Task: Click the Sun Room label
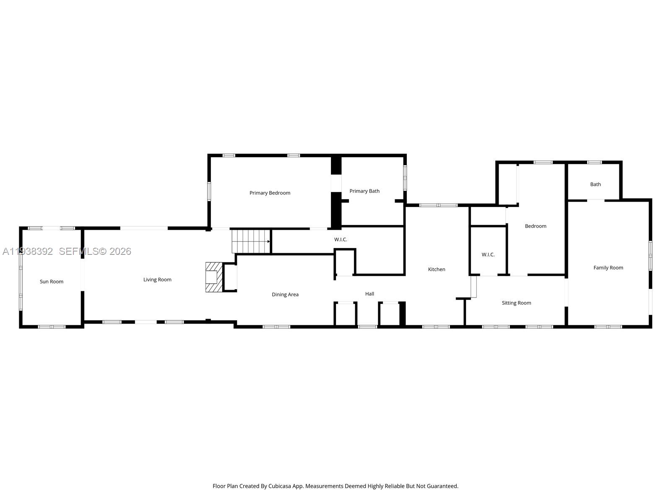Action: pos(52,282)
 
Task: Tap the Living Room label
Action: pos(157,280)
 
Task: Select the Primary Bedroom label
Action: pos(270,193)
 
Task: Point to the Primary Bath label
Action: pos(364,191)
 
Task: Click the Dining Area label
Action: pos(285,295)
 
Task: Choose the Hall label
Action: pos(369,294)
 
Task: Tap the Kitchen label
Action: pos(437,270)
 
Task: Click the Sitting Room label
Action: pos(516,303)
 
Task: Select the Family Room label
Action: pos(608,268)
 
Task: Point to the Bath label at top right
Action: pos(596,184)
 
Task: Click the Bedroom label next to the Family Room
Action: pos(536,226)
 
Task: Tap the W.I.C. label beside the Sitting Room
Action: pos(488,255)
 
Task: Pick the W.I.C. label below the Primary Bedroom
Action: pos(341,240)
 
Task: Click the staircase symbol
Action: pos(251,241)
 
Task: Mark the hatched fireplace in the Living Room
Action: pos(213,277)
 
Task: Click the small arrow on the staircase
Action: pos(268,241)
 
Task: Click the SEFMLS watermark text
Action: pos(78,251)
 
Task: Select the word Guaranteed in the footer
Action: pos(443,486)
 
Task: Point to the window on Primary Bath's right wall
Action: pos(405,178)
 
